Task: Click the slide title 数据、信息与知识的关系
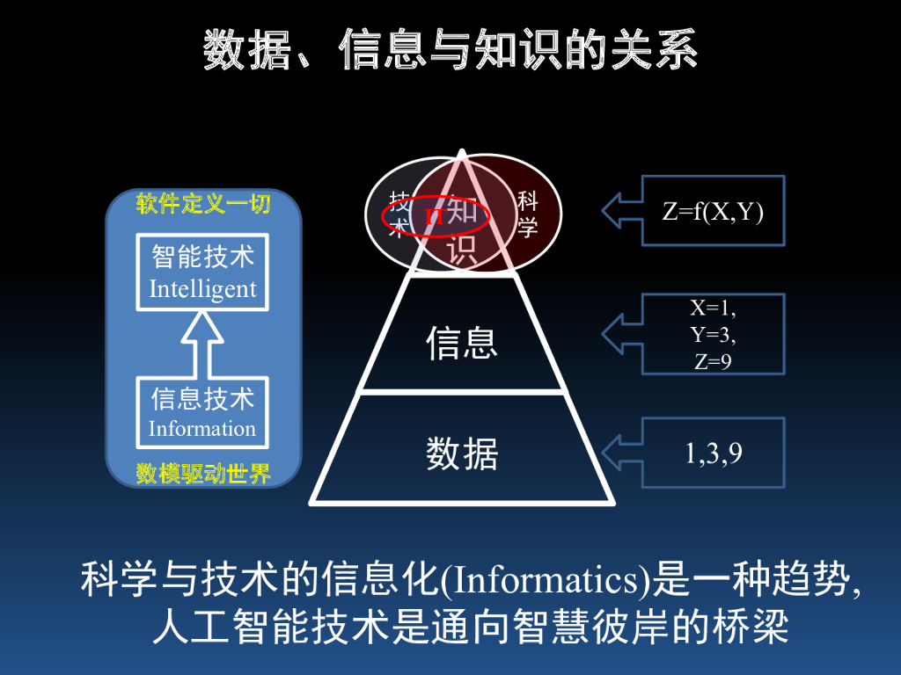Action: (x=450, y=49)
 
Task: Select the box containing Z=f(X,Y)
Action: (x=713, y=211)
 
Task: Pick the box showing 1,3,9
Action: (x=713, y=453)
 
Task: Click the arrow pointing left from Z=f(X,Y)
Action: (x=621, y=211)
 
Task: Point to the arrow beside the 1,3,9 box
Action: (x=621, y=453)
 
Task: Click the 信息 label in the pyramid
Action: (x=462, y=343)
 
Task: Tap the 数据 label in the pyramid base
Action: (x=462, y=454)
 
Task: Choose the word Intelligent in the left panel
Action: (x=202, y=289)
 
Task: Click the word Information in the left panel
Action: (x=202, y=429)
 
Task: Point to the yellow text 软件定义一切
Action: (x=203, y=205)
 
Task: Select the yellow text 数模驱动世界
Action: (x=203, y=475)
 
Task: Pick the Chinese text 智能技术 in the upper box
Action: (x=202, y=257)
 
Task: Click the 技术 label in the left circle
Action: (x=398, y=214)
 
